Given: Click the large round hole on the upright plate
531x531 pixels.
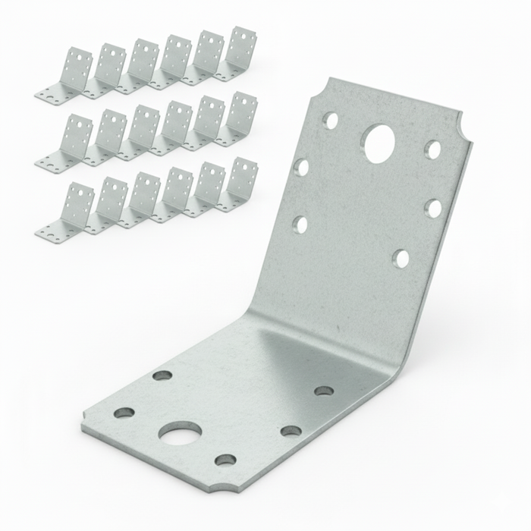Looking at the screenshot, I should point(379,143).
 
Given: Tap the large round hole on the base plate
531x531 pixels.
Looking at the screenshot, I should point(181,435).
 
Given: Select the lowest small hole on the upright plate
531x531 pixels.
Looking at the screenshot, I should point(401,259).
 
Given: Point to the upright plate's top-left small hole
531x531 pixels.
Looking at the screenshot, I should point(330,119).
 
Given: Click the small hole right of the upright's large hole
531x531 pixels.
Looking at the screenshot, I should point(432,149).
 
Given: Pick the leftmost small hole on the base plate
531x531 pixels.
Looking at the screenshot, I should point(124,413).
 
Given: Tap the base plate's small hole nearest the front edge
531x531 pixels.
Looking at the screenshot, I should point(225,460).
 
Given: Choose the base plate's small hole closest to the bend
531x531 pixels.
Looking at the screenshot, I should point(324,391).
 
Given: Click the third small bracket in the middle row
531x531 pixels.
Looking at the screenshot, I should point(137,132).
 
